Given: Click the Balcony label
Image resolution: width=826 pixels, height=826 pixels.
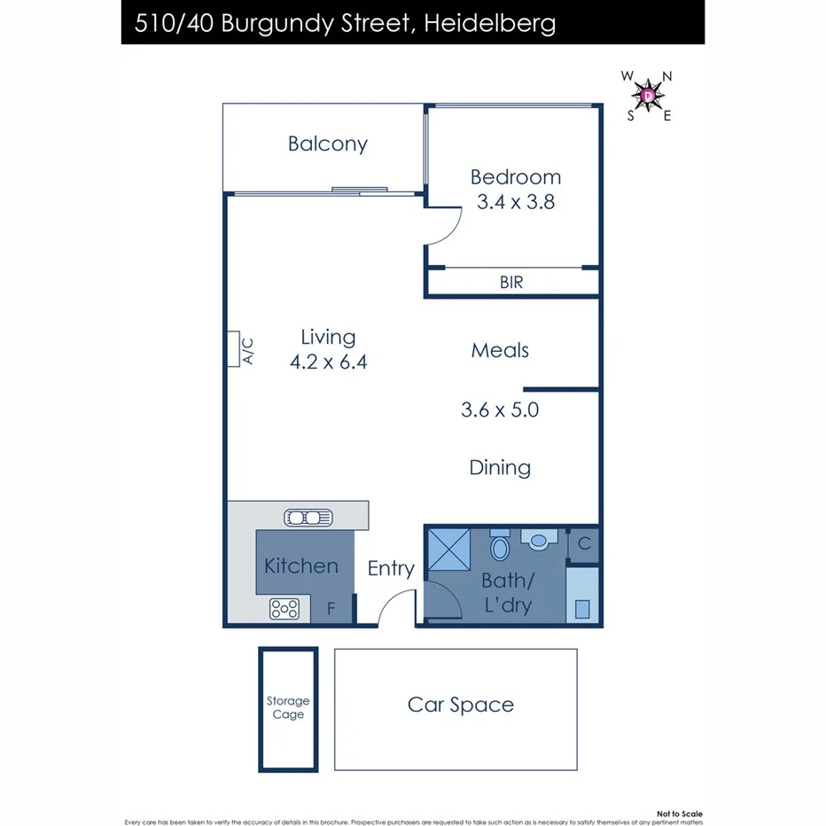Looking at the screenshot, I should tap(327, 144).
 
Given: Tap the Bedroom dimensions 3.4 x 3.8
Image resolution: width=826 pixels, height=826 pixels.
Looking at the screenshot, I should tap(515, 202).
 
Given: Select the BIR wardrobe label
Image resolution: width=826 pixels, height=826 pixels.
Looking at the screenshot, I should tap(511, 283).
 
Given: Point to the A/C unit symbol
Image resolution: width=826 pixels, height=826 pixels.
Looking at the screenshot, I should tap(234, 348).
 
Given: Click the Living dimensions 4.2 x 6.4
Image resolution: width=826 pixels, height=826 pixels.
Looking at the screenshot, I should tap(328, 362).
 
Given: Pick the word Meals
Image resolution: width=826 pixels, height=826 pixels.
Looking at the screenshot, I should tap(500, 350).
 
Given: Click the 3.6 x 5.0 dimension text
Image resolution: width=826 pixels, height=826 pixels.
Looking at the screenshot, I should tap(500, 410).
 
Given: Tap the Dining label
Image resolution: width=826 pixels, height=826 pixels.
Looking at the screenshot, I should tap(500, 468).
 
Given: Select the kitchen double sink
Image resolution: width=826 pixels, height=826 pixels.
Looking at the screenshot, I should tap(308, 517).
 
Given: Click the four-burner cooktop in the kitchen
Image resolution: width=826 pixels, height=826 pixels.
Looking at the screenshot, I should tap(284, 609).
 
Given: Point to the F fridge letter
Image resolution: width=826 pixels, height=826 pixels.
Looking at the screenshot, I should tap(331, 610).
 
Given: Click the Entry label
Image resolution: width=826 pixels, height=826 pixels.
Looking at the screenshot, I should tap(391, 569).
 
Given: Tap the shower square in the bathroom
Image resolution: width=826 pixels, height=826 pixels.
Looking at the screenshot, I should tap(449, 550).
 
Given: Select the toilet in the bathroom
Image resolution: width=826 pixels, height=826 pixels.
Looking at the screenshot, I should tap(500, 546).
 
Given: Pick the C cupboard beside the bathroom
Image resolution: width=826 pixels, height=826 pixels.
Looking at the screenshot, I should tap(584, 544).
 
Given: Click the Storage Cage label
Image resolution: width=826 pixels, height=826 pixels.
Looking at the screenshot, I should tap(288, 708).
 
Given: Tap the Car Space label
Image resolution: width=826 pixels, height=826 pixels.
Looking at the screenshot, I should tap(460, 705).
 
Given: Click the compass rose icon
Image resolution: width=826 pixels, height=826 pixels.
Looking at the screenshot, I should tap(649, 94).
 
